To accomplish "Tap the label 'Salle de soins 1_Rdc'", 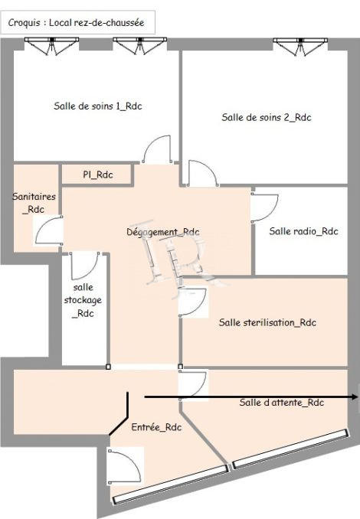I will (x=98, y=106).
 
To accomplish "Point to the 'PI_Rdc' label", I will (x=98, y=175).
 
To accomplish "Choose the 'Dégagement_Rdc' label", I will (x=162, y=232).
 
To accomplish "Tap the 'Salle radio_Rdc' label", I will (x=303, y=230).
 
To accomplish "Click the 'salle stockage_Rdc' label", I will (x=82, y=299).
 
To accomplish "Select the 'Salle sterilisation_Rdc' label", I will (x=267, y=322).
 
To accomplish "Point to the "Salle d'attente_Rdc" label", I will (x=280, y=403).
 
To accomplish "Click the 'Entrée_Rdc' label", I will (x=156, y=427).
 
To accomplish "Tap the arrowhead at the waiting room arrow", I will (x=355, y=397).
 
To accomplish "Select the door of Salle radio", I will (x=264, y=207).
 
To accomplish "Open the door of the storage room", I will (x=82, y=265).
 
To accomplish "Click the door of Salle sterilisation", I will (x=192, y=302).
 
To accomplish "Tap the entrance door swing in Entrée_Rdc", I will (x=121, y=466).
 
